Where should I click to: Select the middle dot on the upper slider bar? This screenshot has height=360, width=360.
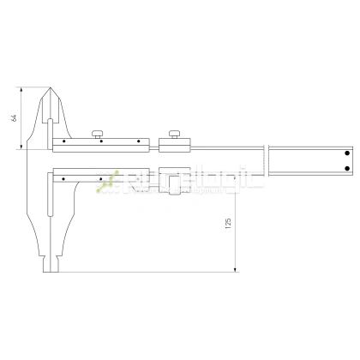click(x=100, y=141)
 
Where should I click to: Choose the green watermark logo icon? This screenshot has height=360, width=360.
click(x=109, y=180)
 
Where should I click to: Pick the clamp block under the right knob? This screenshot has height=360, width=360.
click(x=177, y=145)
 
